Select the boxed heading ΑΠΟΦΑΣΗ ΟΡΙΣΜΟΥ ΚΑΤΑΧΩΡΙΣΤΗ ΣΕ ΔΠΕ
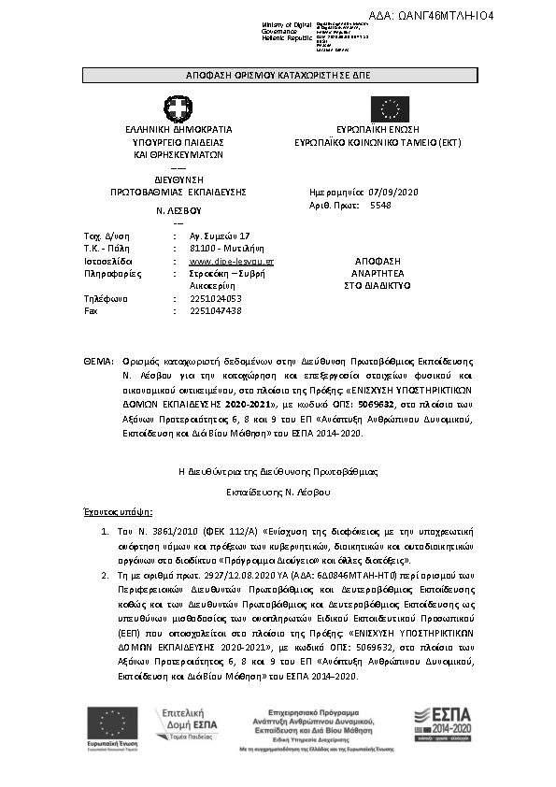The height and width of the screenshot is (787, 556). coord(278,77)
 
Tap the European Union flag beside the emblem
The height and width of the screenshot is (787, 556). coord(389,107)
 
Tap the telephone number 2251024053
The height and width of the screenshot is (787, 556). coord(216,299)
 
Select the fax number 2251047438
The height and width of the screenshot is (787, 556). coord(216,310)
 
